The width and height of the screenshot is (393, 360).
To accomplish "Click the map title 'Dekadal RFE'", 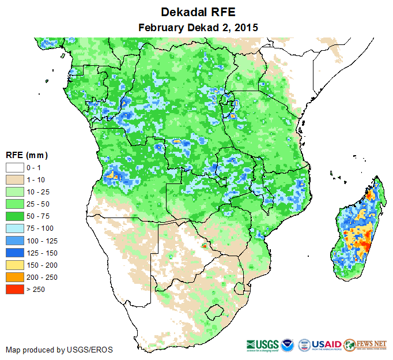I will (198, 12).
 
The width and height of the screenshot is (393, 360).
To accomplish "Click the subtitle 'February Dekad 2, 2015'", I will (198, 27).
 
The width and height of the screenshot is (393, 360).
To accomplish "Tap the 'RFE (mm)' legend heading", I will (27, 155).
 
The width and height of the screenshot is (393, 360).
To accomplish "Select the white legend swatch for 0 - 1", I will (14, 168).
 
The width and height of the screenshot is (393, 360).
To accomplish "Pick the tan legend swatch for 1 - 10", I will (14, 180).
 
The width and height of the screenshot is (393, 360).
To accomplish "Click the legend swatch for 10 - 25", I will (14, 192).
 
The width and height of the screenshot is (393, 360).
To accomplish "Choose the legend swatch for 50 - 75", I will (14, 216).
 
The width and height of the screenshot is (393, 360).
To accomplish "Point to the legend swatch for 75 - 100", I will (14, 228).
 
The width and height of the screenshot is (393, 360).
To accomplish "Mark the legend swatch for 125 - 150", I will (14, 253).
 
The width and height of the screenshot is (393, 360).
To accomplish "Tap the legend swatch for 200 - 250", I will (14, 277).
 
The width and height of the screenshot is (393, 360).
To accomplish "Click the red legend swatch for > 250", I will (14, 289).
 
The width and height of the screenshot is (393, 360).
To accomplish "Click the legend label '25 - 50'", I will (37, 204).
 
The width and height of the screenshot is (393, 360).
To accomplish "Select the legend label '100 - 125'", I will (40, 241).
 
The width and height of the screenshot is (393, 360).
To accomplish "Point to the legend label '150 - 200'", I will (40, 265).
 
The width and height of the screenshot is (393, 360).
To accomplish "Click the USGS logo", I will (263, 344).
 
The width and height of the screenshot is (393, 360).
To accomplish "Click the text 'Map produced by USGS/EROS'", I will (59, 350).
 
